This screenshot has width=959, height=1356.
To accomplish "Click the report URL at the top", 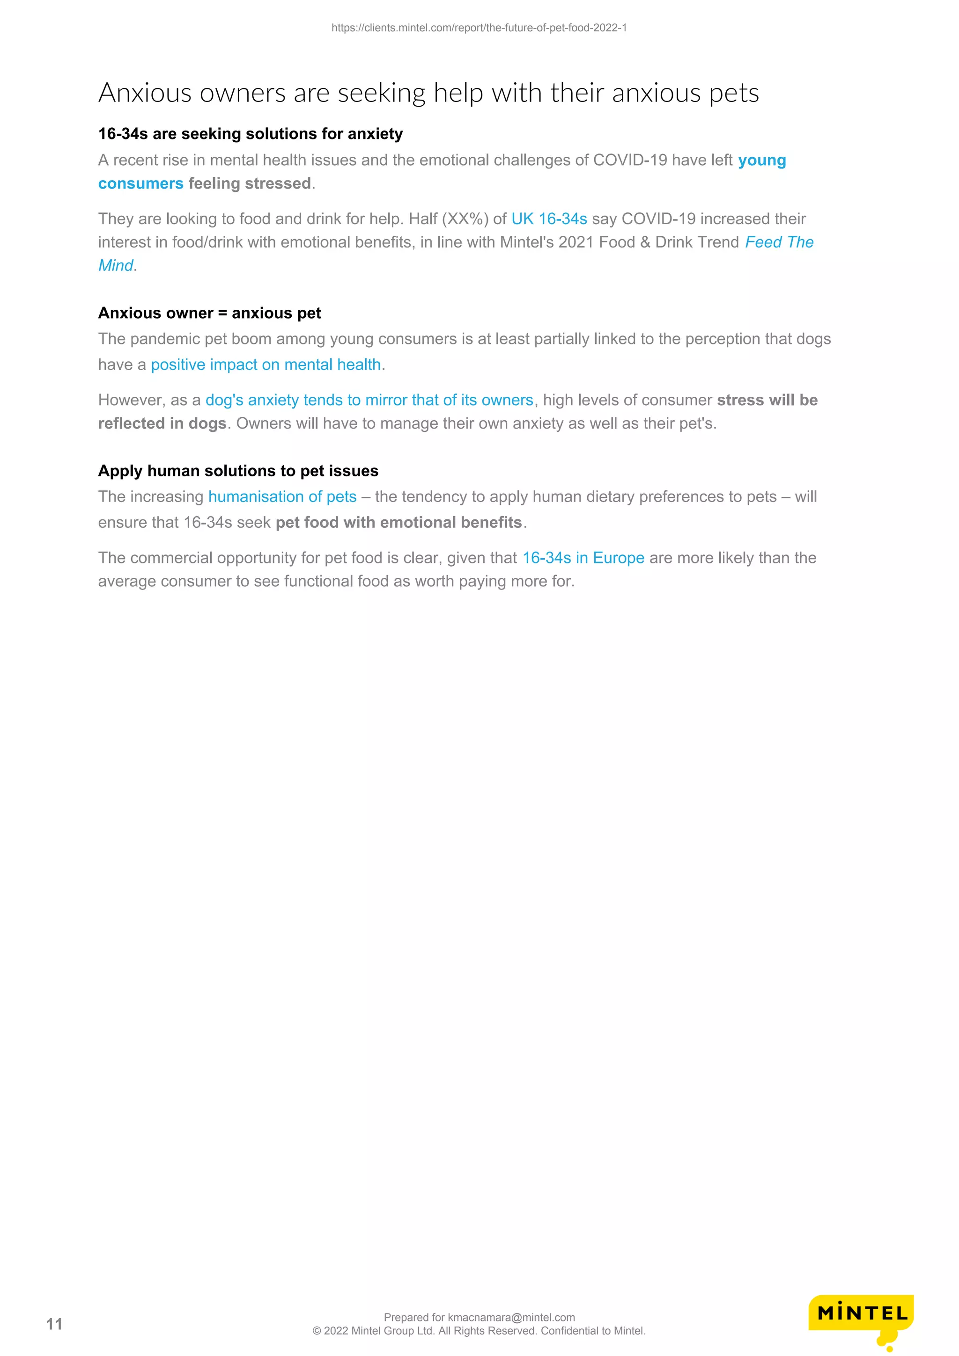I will click(x=479, y=28).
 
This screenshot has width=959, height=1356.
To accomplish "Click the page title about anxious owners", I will click(x=428, y=93).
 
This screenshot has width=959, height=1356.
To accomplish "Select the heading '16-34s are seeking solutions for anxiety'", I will click(x=250, y=134).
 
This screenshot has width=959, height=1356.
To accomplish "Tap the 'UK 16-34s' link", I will click(x=549, y=219).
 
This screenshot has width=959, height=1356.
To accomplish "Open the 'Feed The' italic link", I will click(x=779, y=242).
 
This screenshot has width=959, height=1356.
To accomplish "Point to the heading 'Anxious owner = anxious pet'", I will click(x=209, y=313).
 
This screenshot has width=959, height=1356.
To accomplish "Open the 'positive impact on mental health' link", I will click(x=266, y=365).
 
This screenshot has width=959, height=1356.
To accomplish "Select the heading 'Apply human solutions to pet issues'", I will click(x=238, y=471).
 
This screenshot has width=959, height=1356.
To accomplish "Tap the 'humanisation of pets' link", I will click(x=282, y=497).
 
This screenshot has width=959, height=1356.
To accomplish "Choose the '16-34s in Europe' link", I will click(x=583, y=558).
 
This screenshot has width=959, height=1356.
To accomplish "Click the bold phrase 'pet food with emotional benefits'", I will click(x=399, y=523).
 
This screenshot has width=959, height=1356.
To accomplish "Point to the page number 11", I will click(x=54, y=1324).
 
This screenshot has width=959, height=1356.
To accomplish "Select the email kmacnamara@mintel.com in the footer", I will click(x=511, y=1317).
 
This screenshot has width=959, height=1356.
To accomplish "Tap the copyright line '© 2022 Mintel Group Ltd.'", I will click(x=479, y=1331).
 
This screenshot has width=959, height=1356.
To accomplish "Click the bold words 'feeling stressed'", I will click(x=250, y=184).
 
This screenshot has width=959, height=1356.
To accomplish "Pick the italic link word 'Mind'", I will click(x=116, y=266).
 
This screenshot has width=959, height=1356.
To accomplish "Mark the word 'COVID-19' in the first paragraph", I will click(x=630, y=160).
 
